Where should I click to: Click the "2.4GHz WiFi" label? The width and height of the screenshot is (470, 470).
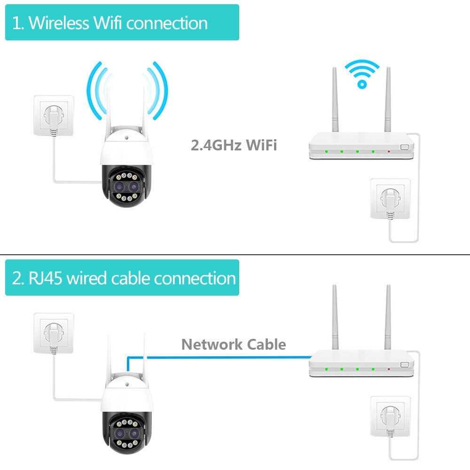[234, 145]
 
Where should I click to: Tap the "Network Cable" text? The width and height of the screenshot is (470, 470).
[234, 344]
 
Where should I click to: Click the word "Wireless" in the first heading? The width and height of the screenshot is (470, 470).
[59, 23]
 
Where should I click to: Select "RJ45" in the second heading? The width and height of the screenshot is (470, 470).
[45, 278]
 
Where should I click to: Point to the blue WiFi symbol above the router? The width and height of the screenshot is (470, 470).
[362, 74]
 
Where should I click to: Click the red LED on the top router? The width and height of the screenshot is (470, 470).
[389, 152]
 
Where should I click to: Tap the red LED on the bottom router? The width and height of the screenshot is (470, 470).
[389, 369]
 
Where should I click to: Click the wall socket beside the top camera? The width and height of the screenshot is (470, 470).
[54, 116]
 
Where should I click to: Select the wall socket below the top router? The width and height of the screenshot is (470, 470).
[390, 199]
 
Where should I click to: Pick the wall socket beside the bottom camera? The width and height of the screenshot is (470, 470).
[54, 333]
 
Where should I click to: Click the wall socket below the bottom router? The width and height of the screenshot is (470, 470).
[390, 416]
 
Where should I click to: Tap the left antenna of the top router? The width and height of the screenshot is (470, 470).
[335, 99]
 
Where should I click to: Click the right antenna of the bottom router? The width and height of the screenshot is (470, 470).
[388, 317]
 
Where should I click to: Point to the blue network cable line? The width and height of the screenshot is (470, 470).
[219, 357]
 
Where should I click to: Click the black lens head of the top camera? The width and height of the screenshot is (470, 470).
[126, 186]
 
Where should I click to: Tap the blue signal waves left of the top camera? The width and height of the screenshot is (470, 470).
[96, 91]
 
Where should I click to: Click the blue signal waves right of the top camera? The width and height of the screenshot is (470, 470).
[158, 91]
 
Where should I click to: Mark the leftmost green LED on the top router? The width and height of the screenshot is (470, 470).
[326, 152]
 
